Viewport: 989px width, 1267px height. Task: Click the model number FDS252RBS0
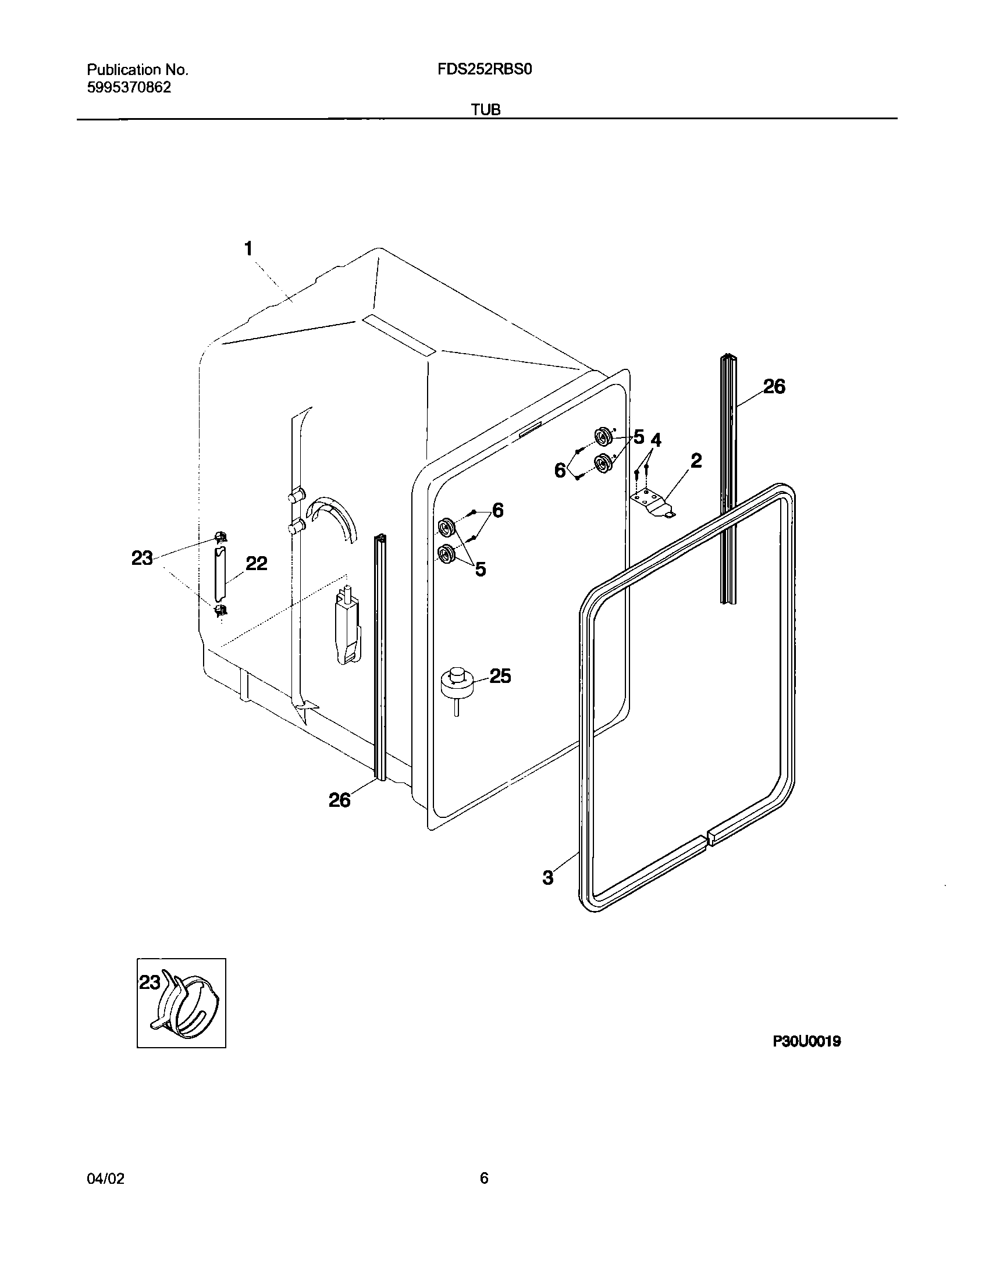click(x=485, y=70)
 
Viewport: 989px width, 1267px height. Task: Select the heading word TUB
click(x=486, y=109)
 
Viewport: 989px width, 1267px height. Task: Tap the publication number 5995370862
click(x=129, y=88)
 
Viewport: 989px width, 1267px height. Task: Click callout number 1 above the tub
click(x=248, y=249)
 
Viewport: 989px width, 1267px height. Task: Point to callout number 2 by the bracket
click(x=696, y=461)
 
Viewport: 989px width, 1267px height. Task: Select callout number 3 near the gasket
click(x=548, y=877)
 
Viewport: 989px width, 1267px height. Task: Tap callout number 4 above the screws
click(x=656, y=440)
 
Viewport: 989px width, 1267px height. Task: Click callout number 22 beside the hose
click(x=256, y=563)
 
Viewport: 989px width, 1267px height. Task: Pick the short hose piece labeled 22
click(x=219, y=575)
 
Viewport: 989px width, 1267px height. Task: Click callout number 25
click(x=500, y=676)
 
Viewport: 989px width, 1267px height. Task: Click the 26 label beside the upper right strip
click(x=774, y=386)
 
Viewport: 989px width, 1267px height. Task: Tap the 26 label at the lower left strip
click(x=340, y=800)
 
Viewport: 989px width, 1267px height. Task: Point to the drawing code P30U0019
click(x=806, y=1042)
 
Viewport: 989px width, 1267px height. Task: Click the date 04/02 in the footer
click(x=105, y=1179)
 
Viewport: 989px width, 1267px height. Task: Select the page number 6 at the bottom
click(x=484, y=1179)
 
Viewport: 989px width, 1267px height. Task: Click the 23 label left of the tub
click(x=142, y=558)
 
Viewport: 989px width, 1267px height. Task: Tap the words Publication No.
click(x=138, y=70)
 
